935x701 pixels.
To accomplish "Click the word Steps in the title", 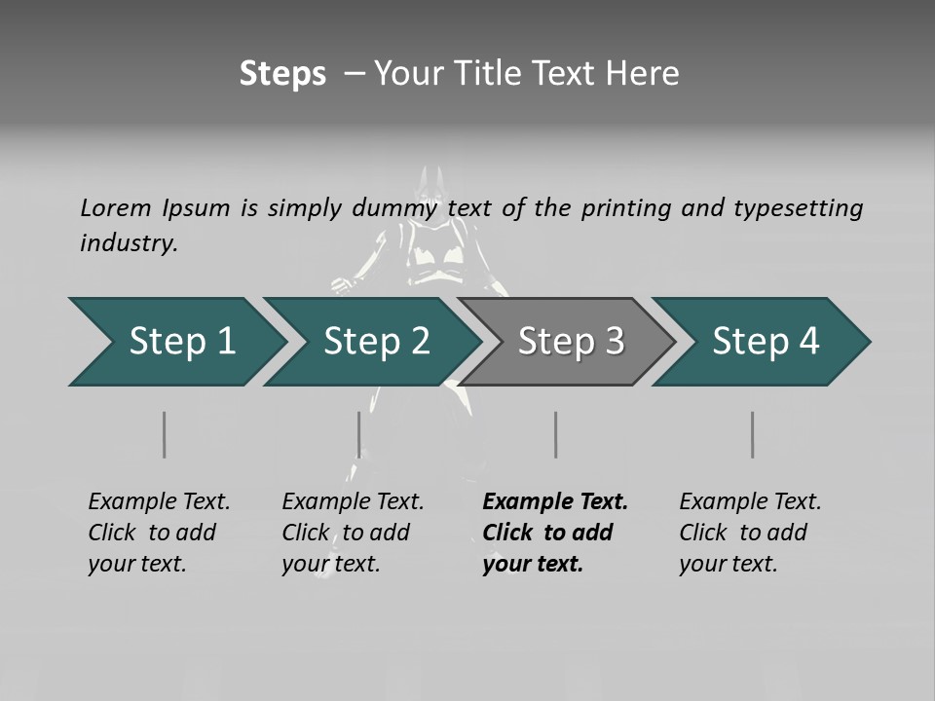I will click(x=282, y=74).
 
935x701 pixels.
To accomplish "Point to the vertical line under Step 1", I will click(x=165, y=434).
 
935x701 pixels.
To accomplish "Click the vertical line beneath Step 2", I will click(x=359, y=434).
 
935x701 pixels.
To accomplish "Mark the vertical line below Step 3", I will click(x=556, y=434).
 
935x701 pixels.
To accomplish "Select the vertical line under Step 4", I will click(x=753, y=434).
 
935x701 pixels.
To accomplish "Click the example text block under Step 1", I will click(x=158, y=533).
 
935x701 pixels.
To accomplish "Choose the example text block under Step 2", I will click(x=352, y=533).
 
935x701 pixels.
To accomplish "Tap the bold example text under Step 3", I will click(x=554, y=533).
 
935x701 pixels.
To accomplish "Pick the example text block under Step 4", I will click(x=749, y=533).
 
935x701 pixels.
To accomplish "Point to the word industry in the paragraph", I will click(x=129, y=243).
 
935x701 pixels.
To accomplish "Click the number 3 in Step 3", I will click(x=615, y=342).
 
